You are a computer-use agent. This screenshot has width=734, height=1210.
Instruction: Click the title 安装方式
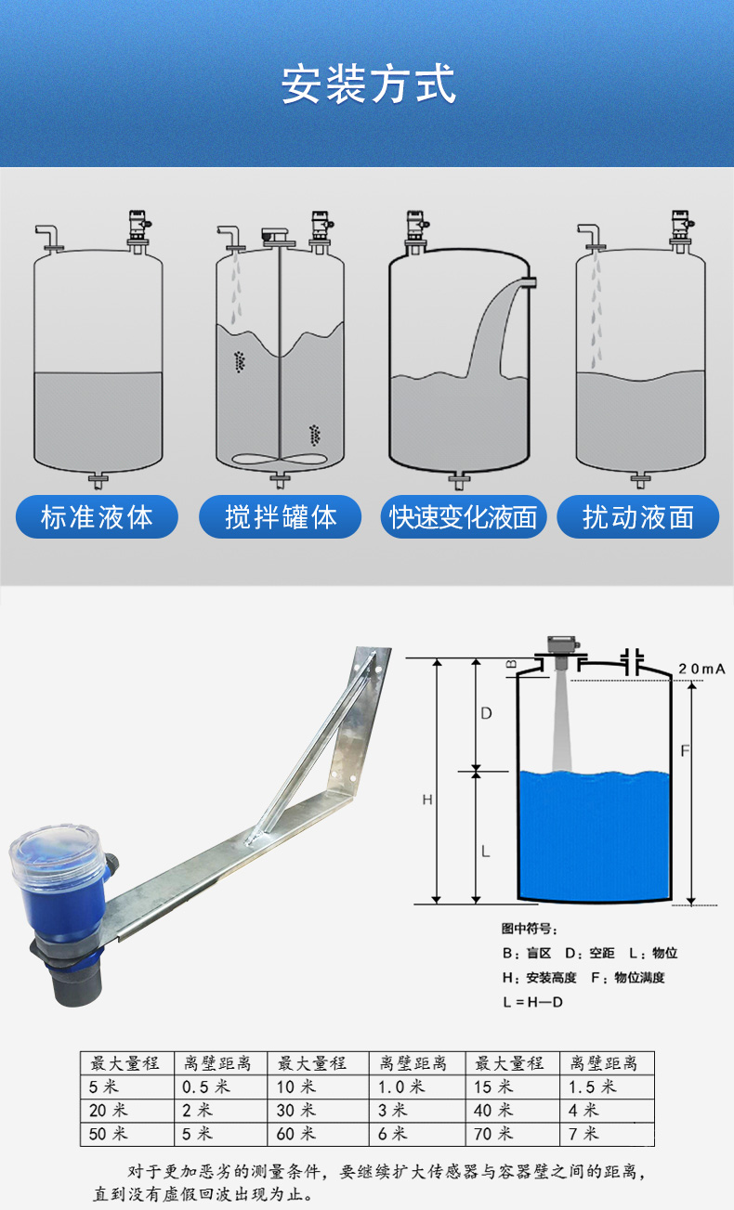(368, 85)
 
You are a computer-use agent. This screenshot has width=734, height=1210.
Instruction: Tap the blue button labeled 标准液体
(97, 517)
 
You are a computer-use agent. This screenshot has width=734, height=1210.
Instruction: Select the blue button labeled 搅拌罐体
(280, 517)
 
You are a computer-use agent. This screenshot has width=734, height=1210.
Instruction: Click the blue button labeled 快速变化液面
(464, 517)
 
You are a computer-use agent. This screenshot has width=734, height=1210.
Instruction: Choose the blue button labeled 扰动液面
(637, 517)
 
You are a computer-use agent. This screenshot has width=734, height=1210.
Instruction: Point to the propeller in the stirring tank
(280, 460)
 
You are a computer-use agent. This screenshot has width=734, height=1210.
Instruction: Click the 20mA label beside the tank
(701, 669)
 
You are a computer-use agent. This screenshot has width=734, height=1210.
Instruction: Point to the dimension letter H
(427, 800)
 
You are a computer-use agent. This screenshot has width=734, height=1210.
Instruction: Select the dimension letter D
(487, 713)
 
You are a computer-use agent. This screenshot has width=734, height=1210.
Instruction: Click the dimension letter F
(685, 751)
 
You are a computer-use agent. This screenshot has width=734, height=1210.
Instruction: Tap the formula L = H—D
(533, 1002)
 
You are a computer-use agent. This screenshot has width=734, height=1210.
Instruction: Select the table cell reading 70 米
(512, 1133)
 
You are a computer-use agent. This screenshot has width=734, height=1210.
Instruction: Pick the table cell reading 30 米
(318, 1110)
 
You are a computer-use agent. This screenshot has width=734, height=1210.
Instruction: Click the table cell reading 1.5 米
(607, 1086)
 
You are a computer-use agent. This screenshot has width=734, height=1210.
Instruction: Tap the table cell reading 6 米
(417, 1133)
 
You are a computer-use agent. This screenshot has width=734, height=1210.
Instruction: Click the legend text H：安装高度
(539, 977)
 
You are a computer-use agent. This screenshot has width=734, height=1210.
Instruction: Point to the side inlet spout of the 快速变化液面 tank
(528, 282)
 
